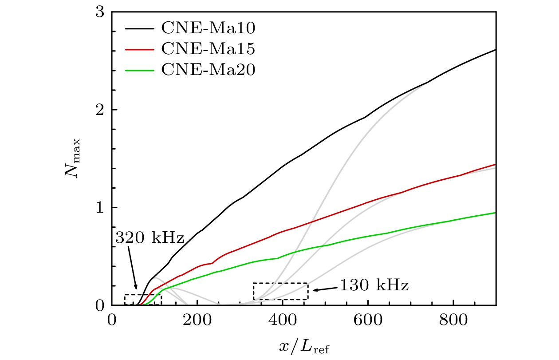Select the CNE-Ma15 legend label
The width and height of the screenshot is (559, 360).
tap(207, 49)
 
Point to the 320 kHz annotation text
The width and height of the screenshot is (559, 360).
tap(150, 238)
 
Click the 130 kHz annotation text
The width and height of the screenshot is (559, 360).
tap(374, 285)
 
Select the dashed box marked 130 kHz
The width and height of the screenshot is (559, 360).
tap(280, 291)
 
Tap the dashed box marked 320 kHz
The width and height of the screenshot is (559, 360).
tap(143, 300)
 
